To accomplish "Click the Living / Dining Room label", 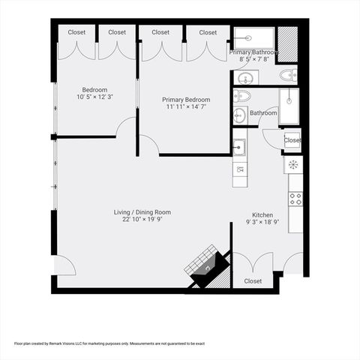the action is point(142,212).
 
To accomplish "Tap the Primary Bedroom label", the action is point(186,100).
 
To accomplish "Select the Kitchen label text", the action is point(262,215).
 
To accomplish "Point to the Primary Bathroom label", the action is point(253,52).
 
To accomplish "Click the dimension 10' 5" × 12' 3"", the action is point(95,97).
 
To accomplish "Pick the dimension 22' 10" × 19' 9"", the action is point(142,219).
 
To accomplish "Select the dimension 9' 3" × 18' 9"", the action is point(262,222).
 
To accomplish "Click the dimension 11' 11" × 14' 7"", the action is point(186,106).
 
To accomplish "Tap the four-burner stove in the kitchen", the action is point(295,199).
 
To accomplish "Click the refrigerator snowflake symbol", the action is point(293,164).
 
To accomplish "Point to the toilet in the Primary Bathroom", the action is point(288,75).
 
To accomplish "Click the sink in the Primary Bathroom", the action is point(245,79).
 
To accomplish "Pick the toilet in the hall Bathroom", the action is point(242,96).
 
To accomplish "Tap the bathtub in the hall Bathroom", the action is point(289,106).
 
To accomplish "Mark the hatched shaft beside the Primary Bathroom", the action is point(288,44).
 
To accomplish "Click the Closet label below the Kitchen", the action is point(253,281).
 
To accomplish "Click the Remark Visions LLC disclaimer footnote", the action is point(109,343).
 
